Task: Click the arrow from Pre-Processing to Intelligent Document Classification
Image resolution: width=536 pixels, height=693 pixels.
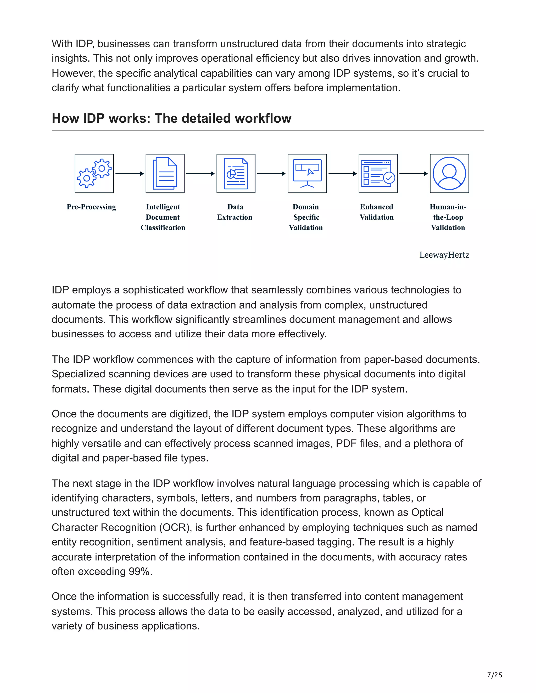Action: [x=130, y=174]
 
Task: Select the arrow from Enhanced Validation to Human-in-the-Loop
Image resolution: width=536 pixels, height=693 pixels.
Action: [x=414, y=174]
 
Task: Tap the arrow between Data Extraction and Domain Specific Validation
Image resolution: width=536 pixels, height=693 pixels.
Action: [x=271, y=174]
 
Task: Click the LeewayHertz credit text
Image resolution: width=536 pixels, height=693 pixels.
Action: [x=444, y=255]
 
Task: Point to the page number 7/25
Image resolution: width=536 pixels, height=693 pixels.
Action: [x=494, y=675]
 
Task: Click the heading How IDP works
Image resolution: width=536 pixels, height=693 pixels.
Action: [x=171, y=118]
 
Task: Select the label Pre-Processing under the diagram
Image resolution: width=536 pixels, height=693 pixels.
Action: [x=91, y=207]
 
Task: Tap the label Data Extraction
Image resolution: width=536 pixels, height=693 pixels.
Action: [x=235, y=212]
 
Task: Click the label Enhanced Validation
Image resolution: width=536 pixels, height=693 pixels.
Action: [x=377, y=212]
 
